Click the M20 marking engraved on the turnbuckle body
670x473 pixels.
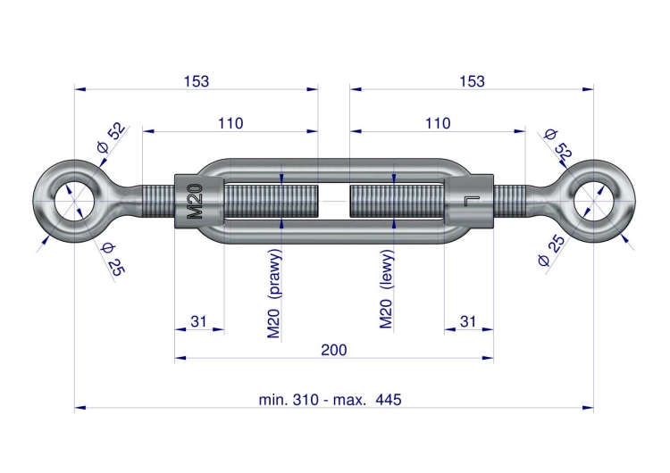coord(195,201)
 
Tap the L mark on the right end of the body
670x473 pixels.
coord(473,201)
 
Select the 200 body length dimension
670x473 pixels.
coord(334,350)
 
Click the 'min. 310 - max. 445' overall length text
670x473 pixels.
coord(330,400)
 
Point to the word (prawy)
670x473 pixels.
coord(275,272)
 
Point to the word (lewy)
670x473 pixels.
coord(387,270)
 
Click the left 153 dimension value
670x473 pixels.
coord(197,81)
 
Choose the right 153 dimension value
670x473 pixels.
coord(472,81)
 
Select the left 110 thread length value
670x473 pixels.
coord(230,123)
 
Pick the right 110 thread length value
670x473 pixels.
coord(438,123)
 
